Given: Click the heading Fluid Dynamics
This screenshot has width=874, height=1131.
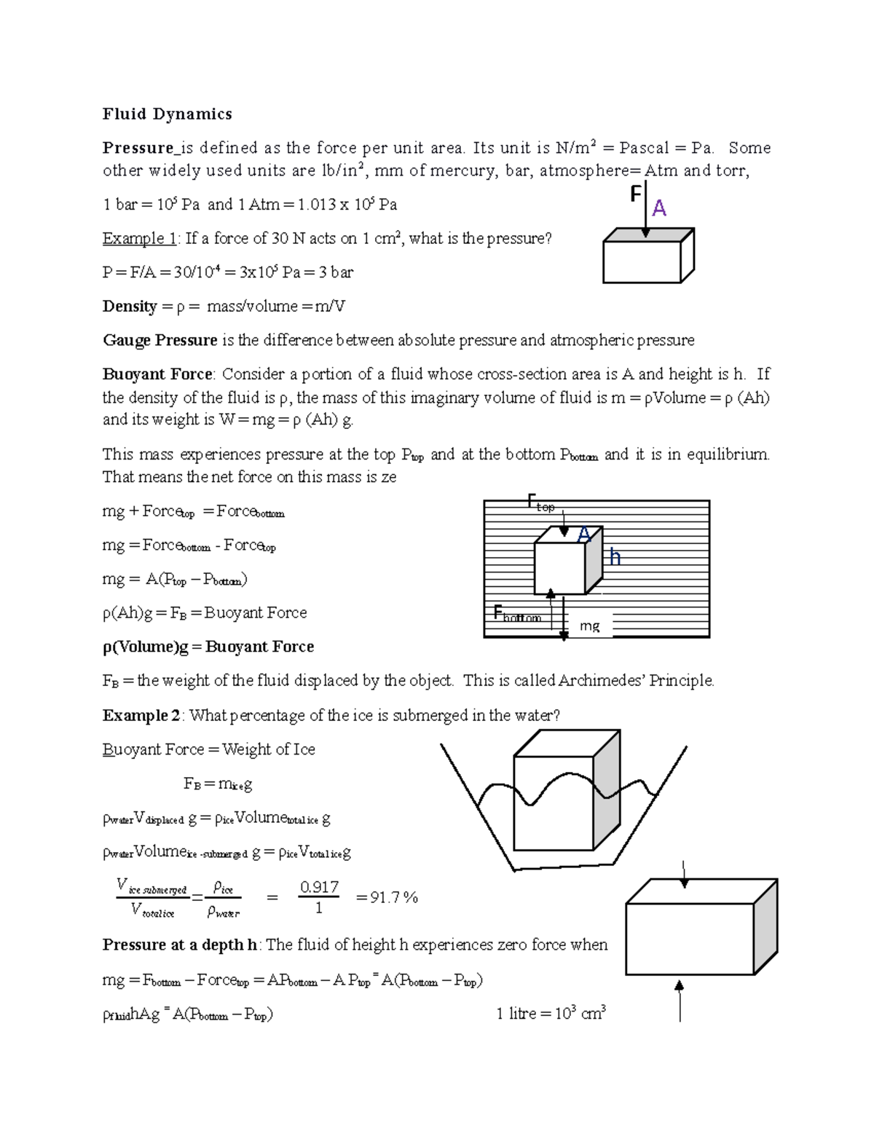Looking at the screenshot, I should pos(167,114).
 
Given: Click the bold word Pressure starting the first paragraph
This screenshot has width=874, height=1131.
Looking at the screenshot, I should pos(138,148).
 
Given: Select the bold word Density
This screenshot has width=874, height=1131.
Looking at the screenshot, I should pos(130,306).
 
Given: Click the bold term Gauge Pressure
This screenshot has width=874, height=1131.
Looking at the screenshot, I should pos(160,340).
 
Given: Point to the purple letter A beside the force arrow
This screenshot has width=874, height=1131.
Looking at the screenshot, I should pos(659,209).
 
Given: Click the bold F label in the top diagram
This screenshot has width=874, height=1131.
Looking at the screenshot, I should pos(635,194).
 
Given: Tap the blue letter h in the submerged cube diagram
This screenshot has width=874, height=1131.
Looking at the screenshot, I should pos(615,557).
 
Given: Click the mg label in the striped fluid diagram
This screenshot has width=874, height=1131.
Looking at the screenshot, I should pos(589,626).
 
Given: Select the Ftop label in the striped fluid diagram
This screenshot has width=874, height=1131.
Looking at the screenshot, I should pos(540,503).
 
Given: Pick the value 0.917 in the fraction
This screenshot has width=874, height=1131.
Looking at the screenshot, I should pos(319,887).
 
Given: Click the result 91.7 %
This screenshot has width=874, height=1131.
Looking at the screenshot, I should pos(387,898).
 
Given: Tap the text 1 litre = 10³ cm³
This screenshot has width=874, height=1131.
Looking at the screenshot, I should pos(551,1013).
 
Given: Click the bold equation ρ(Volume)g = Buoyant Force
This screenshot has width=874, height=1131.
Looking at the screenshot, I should pos(208,647).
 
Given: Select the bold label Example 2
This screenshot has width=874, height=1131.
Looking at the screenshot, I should pos(141,715).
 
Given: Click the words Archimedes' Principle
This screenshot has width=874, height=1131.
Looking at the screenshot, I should pos(636,680).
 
